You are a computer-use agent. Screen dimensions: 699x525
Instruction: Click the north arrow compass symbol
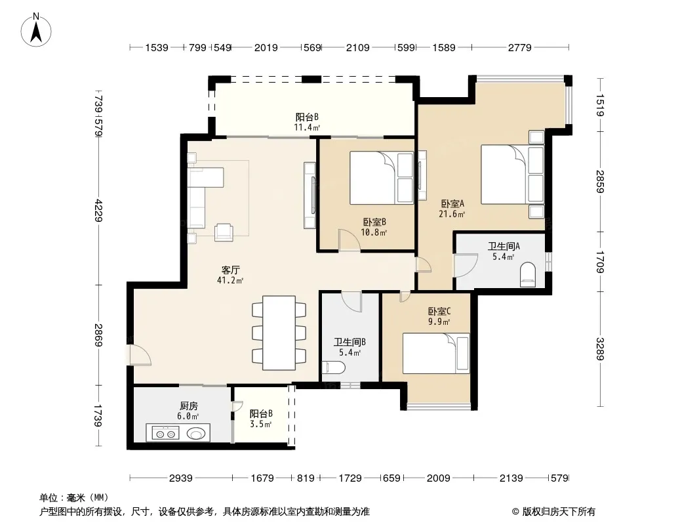pos(36,30)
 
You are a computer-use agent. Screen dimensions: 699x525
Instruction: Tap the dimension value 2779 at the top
pos(520,47)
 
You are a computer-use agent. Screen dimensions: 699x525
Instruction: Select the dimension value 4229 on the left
pos(98,210)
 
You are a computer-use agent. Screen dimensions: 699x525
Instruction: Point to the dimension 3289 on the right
pos(600,349)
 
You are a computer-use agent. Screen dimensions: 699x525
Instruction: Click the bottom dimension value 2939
pos(180,478)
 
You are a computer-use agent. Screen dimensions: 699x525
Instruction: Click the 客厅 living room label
pos(230,270)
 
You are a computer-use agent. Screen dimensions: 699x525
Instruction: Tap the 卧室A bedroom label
pos(452,203)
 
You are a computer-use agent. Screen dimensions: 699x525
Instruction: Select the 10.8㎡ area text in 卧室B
pos(374,232)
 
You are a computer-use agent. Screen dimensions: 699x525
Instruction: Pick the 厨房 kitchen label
pos(189,406)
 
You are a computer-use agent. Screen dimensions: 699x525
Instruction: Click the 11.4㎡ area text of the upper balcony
pos(307,127)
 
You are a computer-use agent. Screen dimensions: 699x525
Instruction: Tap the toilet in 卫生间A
pos(528,274)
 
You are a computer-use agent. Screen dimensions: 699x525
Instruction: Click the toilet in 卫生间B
pos(334,368)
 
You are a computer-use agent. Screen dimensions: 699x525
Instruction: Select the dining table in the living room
pos(279,333)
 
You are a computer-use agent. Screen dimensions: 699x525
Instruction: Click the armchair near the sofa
pos(224,232)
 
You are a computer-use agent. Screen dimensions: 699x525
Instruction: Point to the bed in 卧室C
pos(436,353)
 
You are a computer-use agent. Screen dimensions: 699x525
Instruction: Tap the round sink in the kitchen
pos(197,432)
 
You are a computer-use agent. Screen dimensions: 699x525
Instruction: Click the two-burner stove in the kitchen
pos(165,432)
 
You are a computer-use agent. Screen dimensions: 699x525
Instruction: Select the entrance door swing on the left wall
pos(140,355)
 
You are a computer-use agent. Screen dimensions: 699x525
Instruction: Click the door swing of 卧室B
pos(349,240)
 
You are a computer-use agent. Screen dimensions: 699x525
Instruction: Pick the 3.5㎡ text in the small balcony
pos(261,424)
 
